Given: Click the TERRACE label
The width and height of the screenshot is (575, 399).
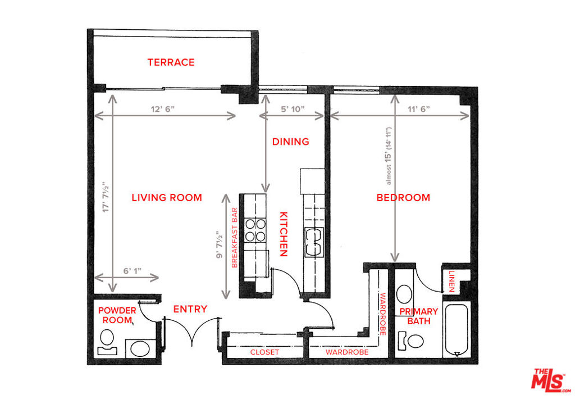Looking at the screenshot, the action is (x=171, y=62).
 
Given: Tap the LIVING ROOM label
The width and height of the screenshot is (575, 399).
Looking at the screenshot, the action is (x=167, y=197).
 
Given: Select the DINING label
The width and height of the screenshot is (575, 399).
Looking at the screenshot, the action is (x=290, y=141).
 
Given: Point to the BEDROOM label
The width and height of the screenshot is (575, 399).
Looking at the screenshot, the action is (x=403, y=197).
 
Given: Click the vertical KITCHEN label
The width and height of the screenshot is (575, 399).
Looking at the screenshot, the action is (x=284, y=234).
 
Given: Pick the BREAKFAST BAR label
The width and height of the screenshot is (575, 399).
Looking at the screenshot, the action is (x=235, y=238).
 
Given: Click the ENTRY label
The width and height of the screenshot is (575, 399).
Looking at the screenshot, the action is (x=190, y=309).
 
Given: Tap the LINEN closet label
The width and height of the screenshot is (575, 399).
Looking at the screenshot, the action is (x=452, y=281).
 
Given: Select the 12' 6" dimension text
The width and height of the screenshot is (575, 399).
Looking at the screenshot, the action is (x=162, y=109).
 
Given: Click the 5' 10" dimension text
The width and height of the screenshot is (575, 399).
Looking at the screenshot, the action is (x=293, y=109).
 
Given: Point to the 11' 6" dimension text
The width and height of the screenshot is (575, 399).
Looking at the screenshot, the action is (x=419, y=109).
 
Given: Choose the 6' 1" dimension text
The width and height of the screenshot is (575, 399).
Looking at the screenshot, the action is (x=133, y=271).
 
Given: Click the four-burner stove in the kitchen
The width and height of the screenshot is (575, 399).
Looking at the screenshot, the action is (x=255, y=230).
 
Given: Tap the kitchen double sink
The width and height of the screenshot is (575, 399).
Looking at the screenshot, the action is (x=314, y=242).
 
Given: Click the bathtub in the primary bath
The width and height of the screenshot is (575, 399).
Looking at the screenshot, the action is (x=456, y=329).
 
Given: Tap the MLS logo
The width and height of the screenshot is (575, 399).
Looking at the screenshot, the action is (x=550, y=380).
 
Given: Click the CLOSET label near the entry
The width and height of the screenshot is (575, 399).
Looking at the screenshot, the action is (x=264, y=352).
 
